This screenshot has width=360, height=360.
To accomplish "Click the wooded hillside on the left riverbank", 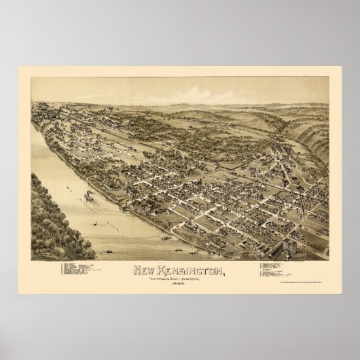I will [54, 217].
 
